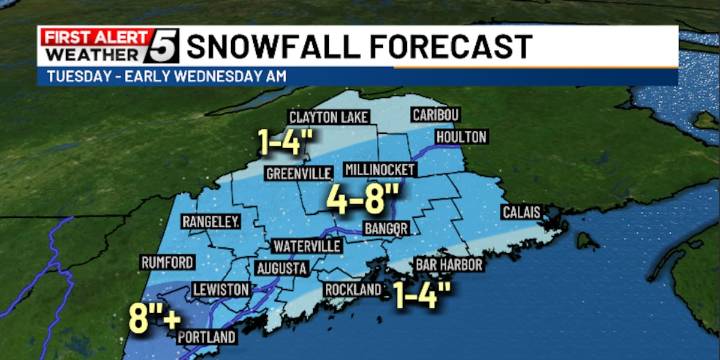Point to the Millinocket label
click(x=379, y=170)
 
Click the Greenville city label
click(x=297, y=173)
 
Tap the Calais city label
click(x=521, y=210)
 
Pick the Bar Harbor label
click(x=449, y=265)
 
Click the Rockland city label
click(x=353, y=289)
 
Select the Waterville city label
click(x=308, y=246)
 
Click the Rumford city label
click(x=167, y=262)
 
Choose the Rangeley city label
click(x=209, y=221)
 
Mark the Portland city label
click(x=207, y=337)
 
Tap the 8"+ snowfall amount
click(x=154, y=319)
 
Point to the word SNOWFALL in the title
click(x=271, y=46)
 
